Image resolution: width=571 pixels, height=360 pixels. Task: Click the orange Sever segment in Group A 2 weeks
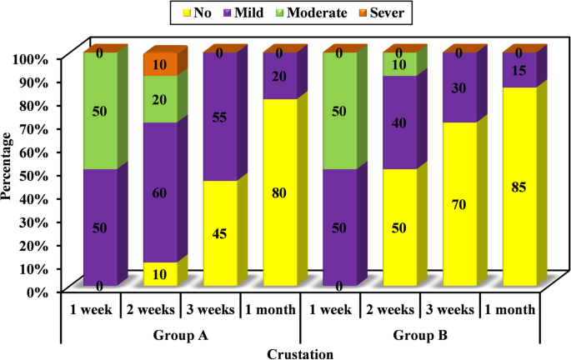pyautogui.click(x=160, y=65)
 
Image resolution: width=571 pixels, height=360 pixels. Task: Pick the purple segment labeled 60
pyautogui.click(x=160, y=192)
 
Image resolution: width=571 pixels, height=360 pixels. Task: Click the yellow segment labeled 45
pyautogui.click(x=220, y=233)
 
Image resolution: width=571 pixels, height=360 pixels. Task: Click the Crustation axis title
pyautogui.click(x=301, y=353)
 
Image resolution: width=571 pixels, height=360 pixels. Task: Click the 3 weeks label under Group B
pyautogui.click(x=451, y=309)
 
